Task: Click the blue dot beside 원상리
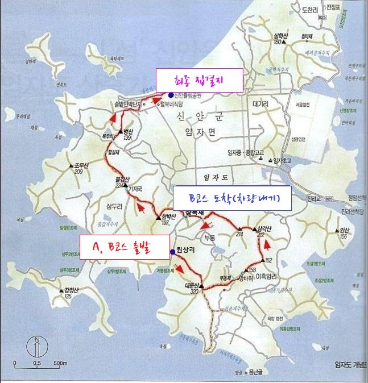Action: tap(171, 251)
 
